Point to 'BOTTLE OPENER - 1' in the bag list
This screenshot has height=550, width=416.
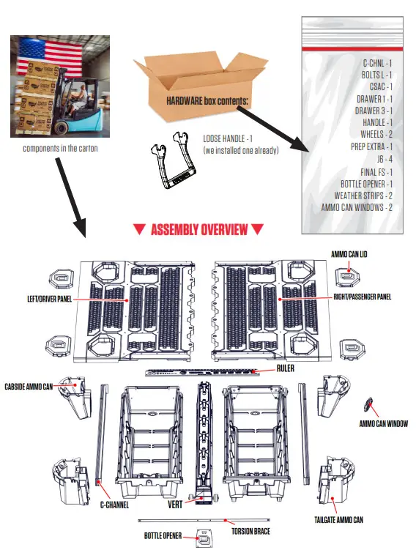(367, 183)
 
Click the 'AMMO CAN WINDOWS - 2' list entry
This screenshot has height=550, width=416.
(357, 207)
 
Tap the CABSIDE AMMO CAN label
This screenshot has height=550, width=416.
(29, 386)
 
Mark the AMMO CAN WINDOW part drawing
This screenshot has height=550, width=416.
(369, 405)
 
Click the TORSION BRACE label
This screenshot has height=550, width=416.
(250, 531)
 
